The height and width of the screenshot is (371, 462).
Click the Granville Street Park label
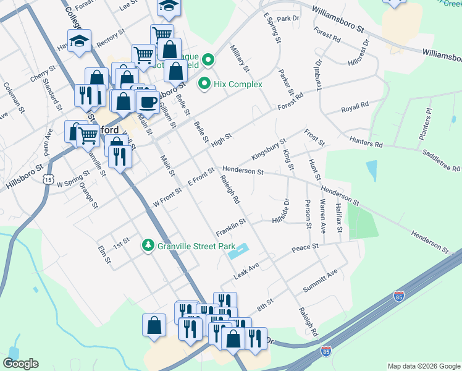coord(189,245)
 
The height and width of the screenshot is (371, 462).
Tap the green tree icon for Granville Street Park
coord(148,245)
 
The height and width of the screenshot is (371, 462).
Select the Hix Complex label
coord(238,84)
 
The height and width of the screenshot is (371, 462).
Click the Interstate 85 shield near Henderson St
coord(399,297)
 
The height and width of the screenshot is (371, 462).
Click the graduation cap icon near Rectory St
coord(79,41)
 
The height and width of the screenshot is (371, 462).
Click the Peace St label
coord(305,247)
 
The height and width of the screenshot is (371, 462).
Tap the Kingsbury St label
coord(269,149)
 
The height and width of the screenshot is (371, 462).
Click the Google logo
coord(20,364)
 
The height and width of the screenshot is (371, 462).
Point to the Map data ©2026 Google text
coord(424,366)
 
